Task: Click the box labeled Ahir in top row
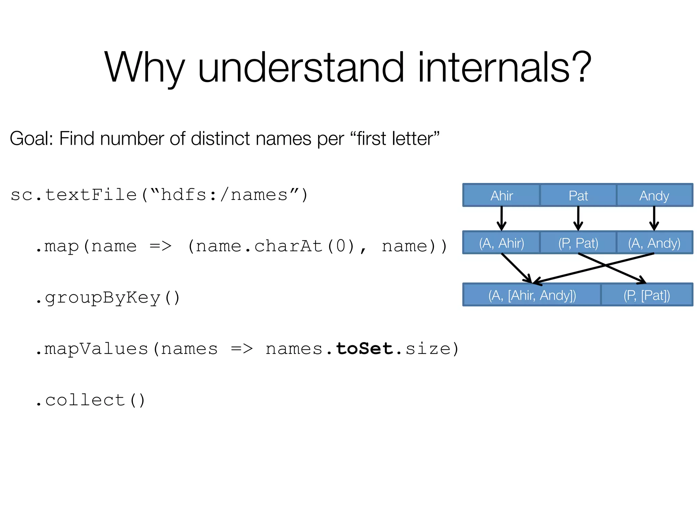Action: pyautogui.click(x=501, y=195)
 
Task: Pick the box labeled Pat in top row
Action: pyautogui.click(x=578, y=195)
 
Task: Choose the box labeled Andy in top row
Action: pyautogui.click(x=654, y=195)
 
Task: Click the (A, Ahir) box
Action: pyautogui.click(x=501, y=243)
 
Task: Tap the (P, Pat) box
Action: pyautogui.click(x=578, y=243)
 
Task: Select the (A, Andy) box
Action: pyautogui.click(x=654, y=243)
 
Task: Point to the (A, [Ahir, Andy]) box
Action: pyautogui.click(x=532, y=295)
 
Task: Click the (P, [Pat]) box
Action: pyautogui.click(x=647, y=295)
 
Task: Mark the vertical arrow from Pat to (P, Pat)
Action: pyautogui.click(x=578, y=218)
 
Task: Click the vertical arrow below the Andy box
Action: pyautogui.click(x=654, y=218)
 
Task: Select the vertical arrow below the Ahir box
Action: pyautogui.click(x=501, y=218)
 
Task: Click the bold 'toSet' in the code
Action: pyautogui.click(x=364, y=348)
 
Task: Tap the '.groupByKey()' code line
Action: pyautogui.click(x=108, y=298)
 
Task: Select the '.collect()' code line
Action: pyautogui.click(x=91, y=400)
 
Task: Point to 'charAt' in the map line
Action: pyautogui.click(x=288, y=246)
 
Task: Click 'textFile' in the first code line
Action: pyautogui.click(x=91, y=195)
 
